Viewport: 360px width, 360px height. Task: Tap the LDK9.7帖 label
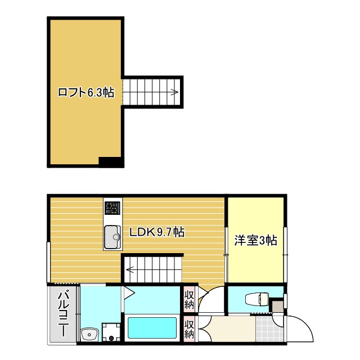pos(157,232)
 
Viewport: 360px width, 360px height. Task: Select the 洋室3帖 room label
pos(256,241)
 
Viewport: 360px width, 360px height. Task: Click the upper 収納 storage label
pos(190,298)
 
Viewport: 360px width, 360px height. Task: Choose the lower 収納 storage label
pos(190,329)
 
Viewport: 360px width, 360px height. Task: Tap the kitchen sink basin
pos(112,236)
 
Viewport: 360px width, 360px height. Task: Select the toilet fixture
pos(256,299)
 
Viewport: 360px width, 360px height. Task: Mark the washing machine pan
pos(111,331)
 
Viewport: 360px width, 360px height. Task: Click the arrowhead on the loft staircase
pos(175,92)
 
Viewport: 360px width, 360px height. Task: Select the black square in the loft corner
pos(111,162)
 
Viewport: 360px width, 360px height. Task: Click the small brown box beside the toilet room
pos(276,307)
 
